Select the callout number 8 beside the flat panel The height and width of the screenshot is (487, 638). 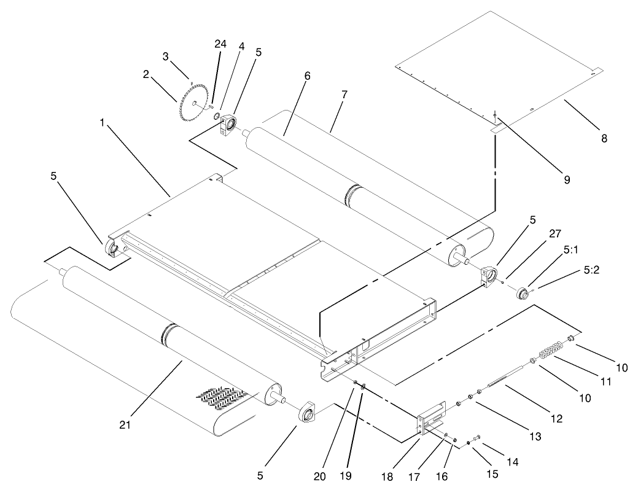click(604, 139)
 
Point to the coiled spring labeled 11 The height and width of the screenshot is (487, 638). click(550, 349)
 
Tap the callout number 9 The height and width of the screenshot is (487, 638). click(567, 180)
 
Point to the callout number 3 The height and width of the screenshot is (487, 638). click(165, 57)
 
